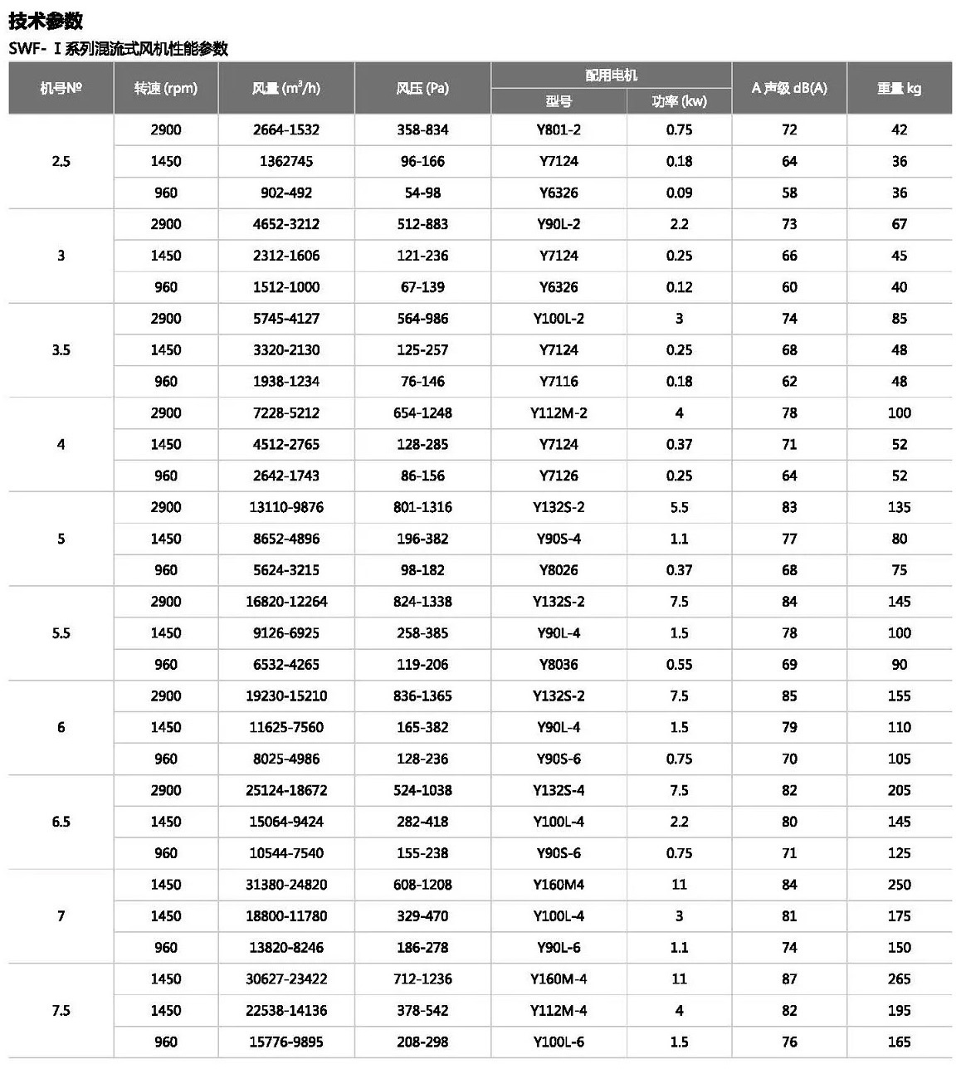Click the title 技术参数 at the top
point(46,20)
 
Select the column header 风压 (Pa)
point(422,88)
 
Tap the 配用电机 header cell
point(611,75)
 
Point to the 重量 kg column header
point(899,88)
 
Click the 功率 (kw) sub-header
point(679,101)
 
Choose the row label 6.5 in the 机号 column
point(61,822)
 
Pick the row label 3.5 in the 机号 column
point(61,349)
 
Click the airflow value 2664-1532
point(286,129)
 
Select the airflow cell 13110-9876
point(286,507)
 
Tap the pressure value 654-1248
point(422,412)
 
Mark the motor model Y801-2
point(559,129)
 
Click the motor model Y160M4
point(559,885)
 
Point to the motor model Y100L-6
point(559,1042)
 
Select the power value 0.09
point(679,193)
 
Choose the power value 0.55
point(679,665)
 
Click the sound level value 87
point(789,979)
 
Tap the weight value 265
point(899,979)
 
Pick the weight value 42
point(899,129)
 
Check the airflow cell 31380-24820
point(286,885)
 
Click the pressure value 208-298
point(422,1042)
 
